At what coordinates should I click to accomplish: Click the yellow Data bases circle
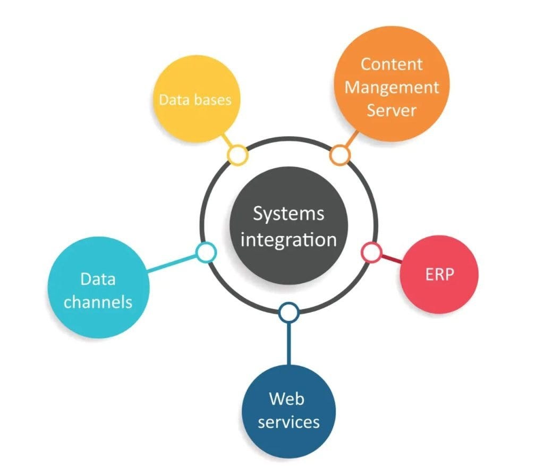click(195, 100)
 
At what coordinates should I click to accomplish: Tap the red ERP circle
click(439, 275)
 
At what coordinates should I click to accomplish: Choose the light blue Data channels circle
click(98, 290)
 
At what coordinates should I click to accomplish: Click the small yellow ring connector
click(237, 155)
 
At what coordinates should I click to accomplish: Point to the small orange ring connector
click(340, 155)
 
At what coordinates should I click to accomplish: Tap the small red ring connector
click(371, 252)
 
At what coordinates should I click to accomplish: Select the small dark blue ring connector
click(288, 313)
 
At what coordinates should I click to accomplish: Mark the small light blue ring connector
click(206, 252)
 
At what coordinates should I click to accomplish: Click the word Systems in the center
click(288, 214)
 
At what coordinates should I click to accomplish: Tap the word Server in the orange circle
click(392, 110)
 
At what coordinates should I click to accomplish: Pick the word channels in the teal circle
click(98, 302)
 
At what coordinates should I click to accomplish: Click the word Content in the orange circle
click(392, 64)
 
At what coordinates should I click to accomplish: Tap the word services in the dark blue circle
click(288, 422)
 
